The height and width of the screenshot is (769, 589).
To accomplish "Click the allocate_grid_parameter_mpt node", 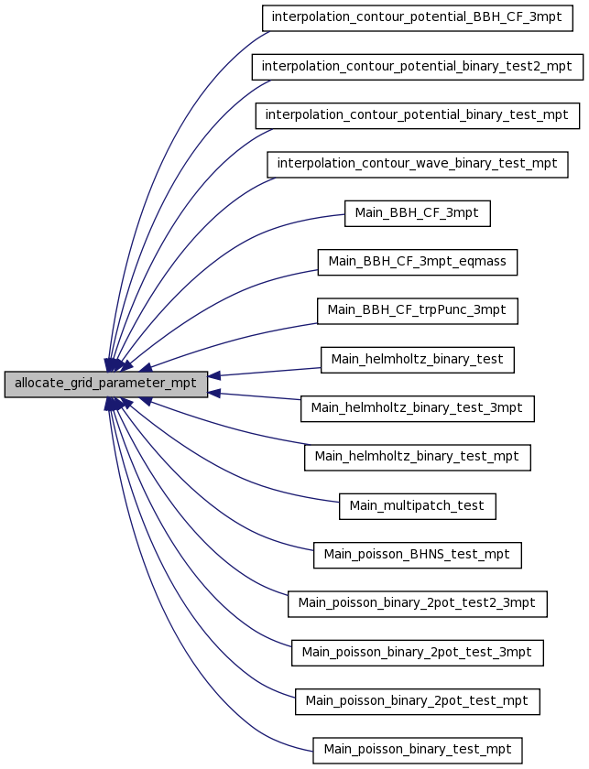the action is pos(106,384).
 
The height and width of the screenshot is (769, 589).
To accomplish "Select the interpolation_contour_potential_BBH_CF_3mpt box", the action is pos(417,18).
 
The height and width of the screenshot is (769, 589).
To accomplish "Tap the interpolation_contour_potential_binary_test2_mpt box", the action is pos(417,67).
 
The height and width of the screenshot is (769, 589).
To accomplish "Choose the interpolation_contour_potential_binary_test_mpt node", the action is pos(417,115).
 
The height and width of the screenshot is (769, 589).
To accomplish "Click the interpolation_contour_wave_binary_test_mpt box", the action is pos(417,165).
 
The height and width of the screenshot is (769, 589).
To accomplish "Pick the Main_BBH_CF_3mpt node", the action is pos(417,213).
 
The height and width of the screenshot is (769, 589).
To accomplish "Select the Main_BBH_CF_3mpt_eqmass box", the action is pos(417,263).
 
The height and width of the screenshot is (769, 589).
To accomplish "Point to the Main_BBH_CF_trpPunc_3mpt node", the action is pos(417,311).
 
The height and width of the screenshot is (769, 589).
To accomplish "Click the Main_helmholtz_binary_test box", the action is pos(417,360).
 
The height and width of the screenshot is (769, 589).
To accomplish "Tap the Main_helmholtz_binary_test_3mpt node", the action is pos(417,408).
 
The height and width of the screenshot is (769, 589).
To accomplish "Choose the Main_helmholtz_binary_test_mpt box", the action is pos(417,458).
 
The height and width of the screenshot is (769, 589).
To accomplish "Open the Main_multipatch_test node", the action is pos(417,506).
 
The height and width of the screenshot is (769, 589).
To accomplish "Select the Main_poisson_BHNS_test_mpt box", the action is pos(417,555).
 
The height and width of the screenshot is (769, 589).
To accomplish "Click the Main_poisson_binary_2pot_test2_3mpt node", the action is pos(417,603).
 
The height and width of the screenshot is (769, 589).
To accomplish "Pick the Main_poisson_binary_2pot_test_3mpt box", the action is pos(417,653).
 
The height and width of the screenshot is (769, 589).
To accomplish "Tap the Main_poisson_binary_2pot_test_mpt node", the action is pos(417,701).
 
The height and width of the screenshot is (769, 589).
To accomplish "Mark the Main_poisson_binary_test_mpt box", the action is pos(417,751).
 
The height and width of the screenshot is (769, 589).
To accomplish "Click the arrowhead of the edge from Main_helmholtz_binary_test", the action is pos(214,376).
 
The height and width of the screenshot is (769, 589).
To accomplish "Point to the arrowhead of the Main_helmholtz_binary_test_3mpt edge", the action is pos(214,393).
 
